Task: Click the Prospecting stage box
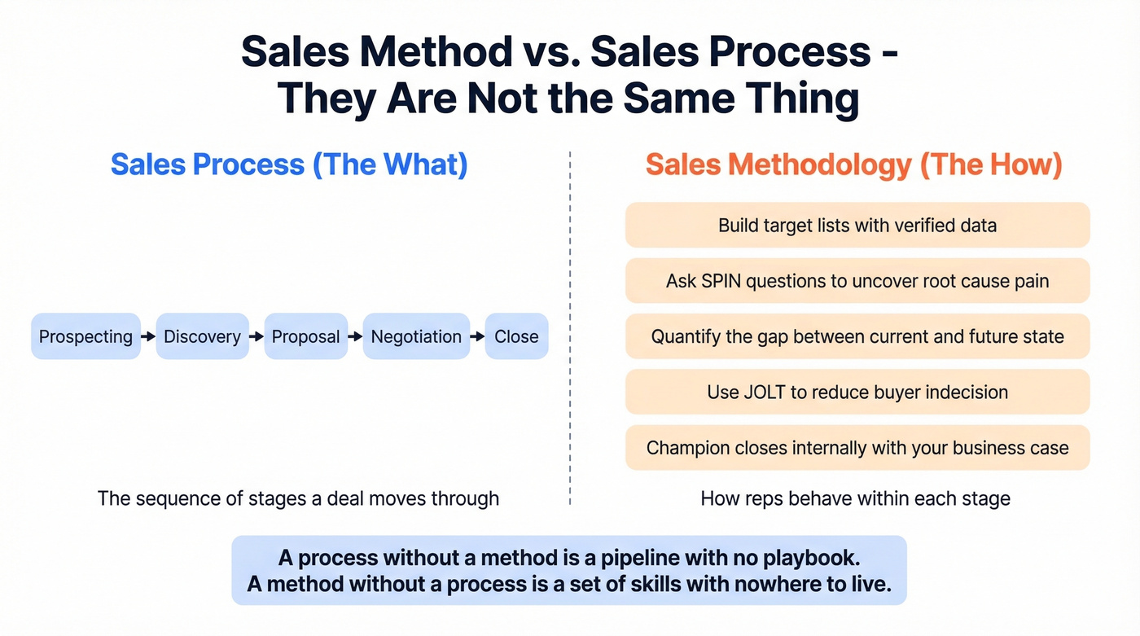coord(85,336)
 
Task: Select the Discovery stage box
coord(202,336)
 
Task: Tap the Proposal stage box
coord(305,336)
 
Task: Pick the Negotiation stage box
coord(416,336)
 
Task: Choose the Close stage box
coord(516,336)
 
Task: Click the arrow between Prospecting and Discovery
coord(148,336)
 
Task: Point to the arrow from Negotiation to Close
coord(477,336)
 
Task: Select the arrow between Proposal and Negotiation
coord(355,336)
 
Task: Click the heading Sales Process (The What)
coord(289,164)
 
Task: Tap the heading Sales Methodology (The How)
coord(854,164)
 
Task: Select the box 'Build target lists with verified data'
coord(857,225)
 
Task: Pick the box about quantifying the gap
coord(857,336)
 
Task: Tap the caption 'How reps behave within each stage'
coord(855,498)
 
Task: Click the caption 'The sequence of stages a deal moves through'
coord(298,498)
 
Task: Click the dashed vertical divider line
coord(570,326)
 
